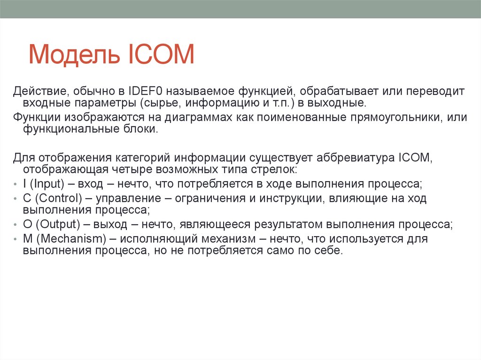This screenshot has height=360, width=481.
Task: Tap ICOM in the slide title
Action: coord(160,54)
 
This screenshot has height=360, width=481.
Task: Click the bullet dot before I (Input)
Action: coord(16,184)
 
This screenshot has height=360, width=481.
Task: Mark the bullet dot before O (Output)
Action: coord(16,224)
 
